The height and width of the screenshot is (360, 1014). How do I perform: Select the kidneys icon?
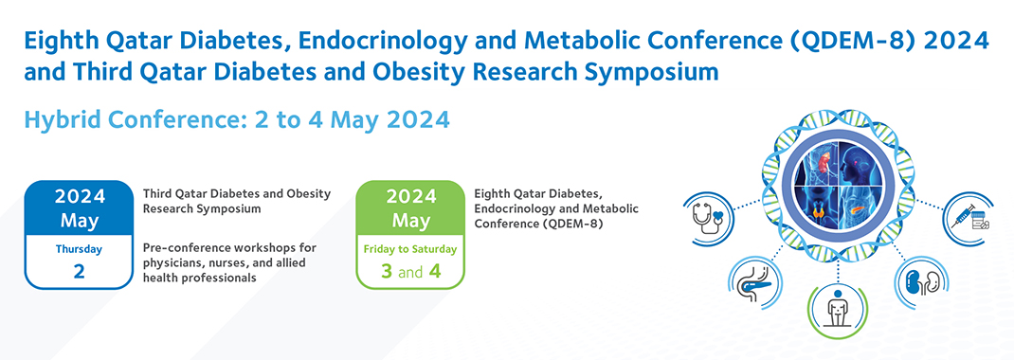[919, 280]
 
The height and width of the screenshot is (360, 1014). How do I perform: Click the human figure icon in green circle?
[838, 310]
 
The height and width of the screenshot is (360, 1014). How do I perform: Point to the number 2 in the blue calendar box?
[79, 271]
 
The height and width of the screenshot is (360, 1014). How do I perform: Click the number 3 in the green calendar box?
[387, 271]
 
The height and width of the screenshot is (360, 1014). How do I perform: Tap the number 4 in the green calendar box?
[435, 271]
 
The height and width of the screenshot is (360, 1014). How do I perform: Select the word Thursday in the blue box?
[79, 248]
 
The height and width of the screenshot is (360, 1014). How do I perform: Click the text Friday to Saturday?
[410, 249]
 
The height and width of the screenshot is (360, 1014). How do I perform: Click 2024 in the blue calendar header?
[79, 196]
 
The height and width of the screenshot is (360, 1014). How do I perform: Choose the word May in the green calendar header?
[410, 221]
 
